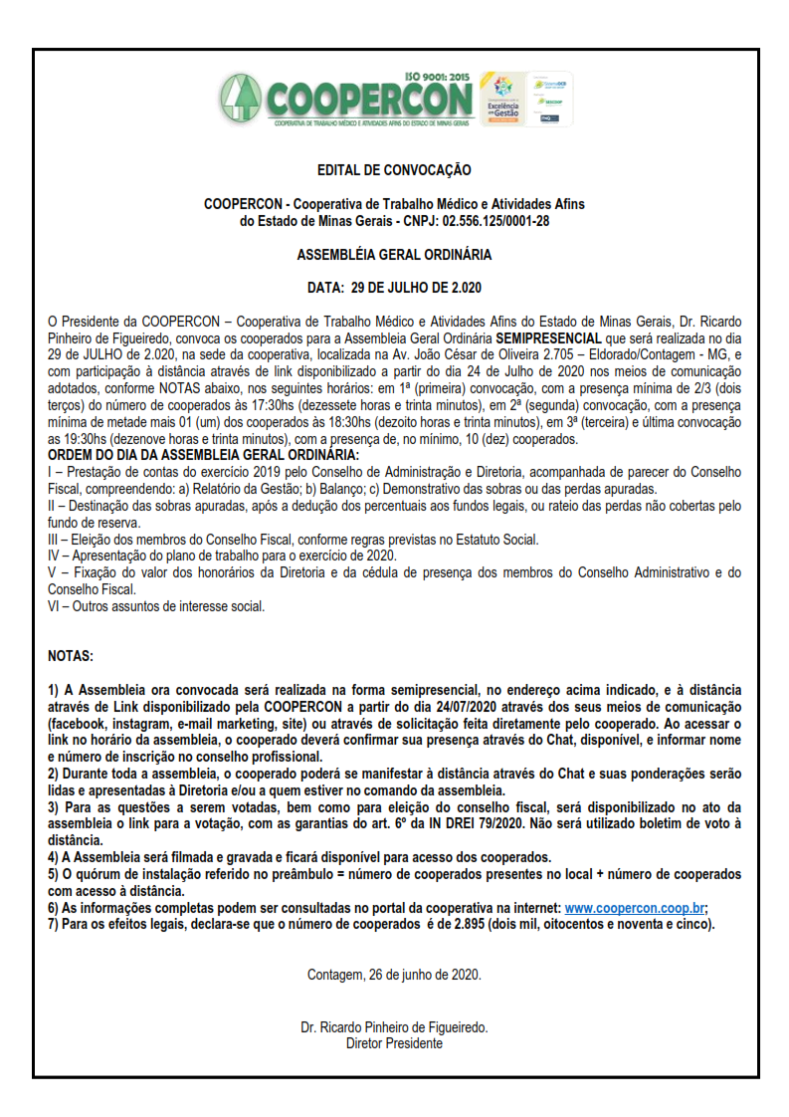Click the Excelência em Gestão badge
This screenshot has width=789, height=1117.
pyautogui.click(x=500, y=99)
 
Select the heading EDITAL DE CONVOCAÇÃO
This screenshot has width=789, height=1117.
pyautogui.click(x=394, y=171)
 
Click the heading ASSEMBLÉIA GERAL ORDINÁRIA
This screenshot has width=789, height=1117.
pyautogui.click(x=394, y=255)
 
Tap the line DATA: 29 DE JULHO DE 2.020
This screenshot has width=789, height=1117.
pyautogui.click(x=394, y=289)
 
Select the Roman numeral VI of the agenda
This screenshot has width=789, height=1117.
pyautogui.click(x=55, y=605)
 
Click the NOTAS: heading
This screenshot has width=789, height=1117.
pyautogui.click(x=71, y=657)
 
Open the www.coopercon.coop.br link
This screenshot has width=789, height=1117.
pyautogui.click(x=634, y=908)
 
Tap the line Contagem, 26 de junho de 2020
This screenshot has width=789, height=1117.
pyautogui.click(x=394, y=976)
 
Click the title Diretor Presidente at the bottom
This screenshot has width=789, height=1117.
pyautogui.click(x=394, y=1043)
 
